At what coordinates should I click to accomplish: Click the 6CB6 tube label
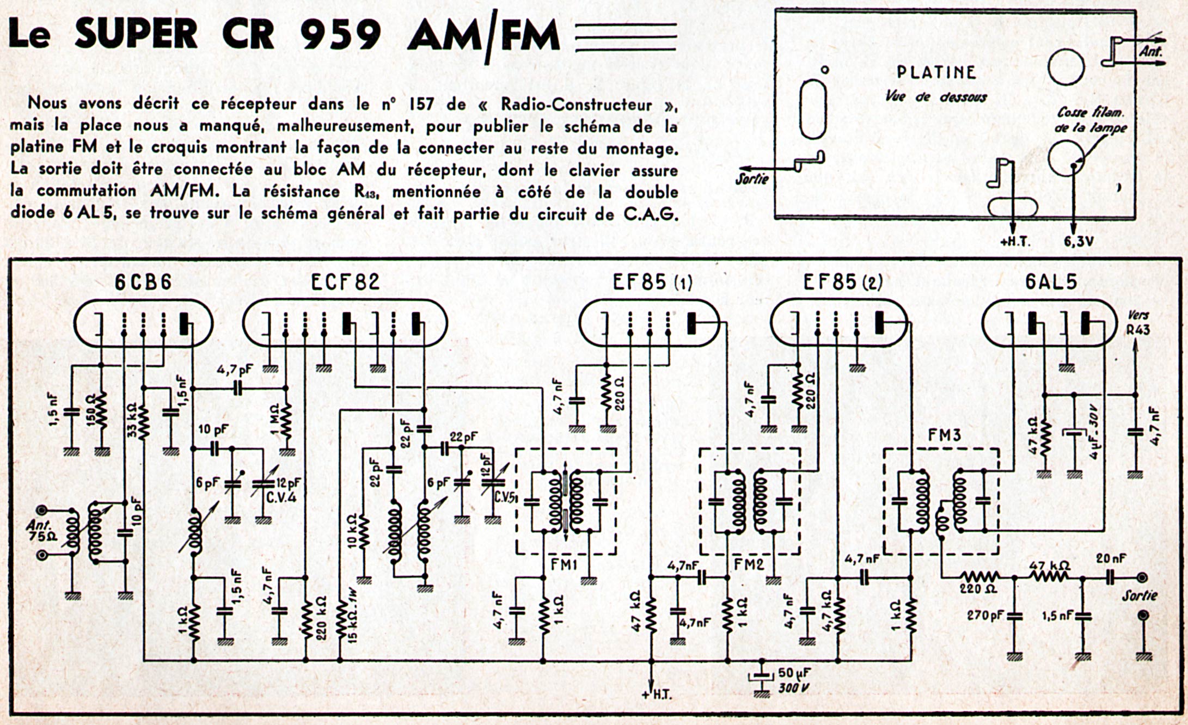coord(143,282)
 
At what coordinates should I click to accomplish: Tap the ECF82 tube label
coord(345,282)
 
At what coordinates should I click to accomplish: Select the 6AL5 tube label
coord(1051,282)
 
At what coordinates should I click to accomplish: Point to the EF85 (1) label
coord(652,282)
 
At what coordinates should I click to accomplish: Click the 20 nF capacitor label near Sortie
coord(1111,559)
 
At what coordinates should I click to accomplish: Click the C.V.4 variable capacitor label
coord(281,497)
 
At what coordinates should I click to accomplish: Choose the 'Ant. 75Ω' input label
coord(41,531)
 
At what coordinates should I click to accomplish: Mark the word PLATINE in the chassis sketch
coord(936,72)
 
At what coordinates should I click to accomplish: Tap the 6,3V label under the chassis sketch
coord(1078,242)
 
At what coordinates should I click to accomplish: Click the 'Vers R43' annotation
coord(1137,323)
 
